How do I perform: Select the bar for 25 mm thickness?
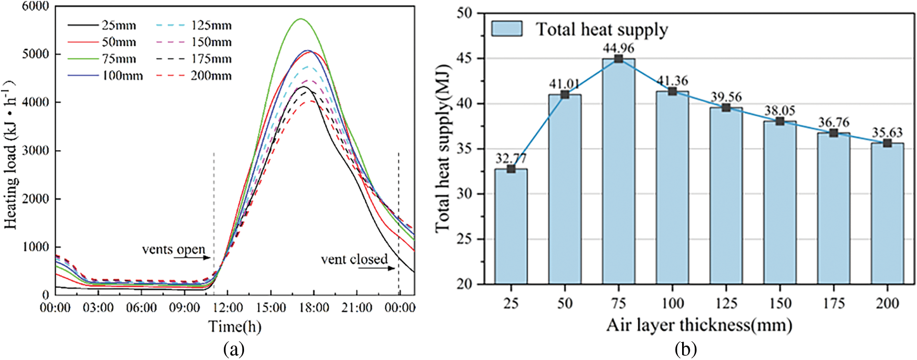511,226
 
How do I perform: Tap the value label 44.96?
619,48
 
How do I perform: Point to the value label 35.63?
887,132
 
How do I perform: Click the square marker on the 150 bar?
780,121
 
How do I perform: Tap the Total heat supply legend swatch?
506,29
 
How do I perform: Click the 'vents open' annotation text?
173,249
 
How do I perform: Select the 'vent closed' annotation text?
354,259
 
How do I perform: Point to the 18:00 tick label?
314,308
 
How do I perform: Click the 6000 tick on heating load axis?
36,6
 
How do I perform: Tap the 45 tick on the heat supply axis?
465,59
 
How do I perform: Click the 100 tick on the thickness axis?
672,303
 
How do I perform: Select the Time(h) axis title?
235,327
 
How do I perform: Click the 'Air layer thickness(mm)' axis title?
699,325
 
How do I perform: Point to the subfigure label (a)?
234,348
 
